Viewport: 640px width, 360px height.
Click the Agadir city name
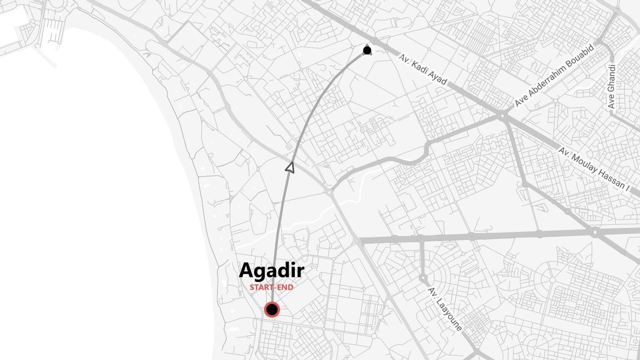click(271, 271)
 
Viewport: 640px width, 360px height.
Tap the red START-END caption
click(271, 288)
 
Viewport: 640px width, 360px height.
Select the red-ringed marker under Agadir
click(272, 310)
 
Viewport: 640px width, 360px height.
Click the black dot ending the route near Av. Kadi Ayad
click(367, 50)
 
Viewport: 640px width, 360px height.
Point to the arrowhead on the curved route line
click(289, 167)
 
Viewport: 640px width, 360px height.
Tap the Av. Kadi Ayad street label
click(423, 69)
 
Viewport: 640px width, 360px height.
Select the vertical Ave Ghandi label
click(611, 86)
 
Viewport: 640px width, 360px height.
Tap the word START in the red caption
click(259, 288)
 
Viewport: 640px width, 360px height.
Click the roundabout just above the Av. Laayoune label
click(423, 277)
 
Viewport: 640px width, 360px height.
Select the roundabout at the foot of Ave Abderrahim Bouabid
click(502, 115)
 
